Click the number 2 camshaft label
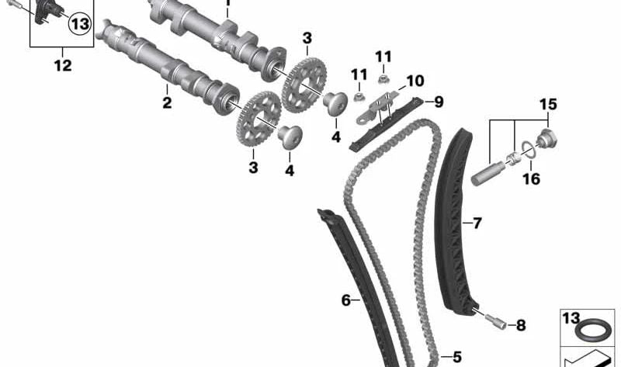167,102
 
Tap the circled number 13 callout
79,24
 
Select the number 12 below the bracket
62,66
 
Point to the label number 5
456,357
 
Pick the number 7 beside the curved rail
477,223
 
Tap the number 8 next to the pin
520,325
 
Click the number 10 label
415,80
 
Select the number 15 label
549,104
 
